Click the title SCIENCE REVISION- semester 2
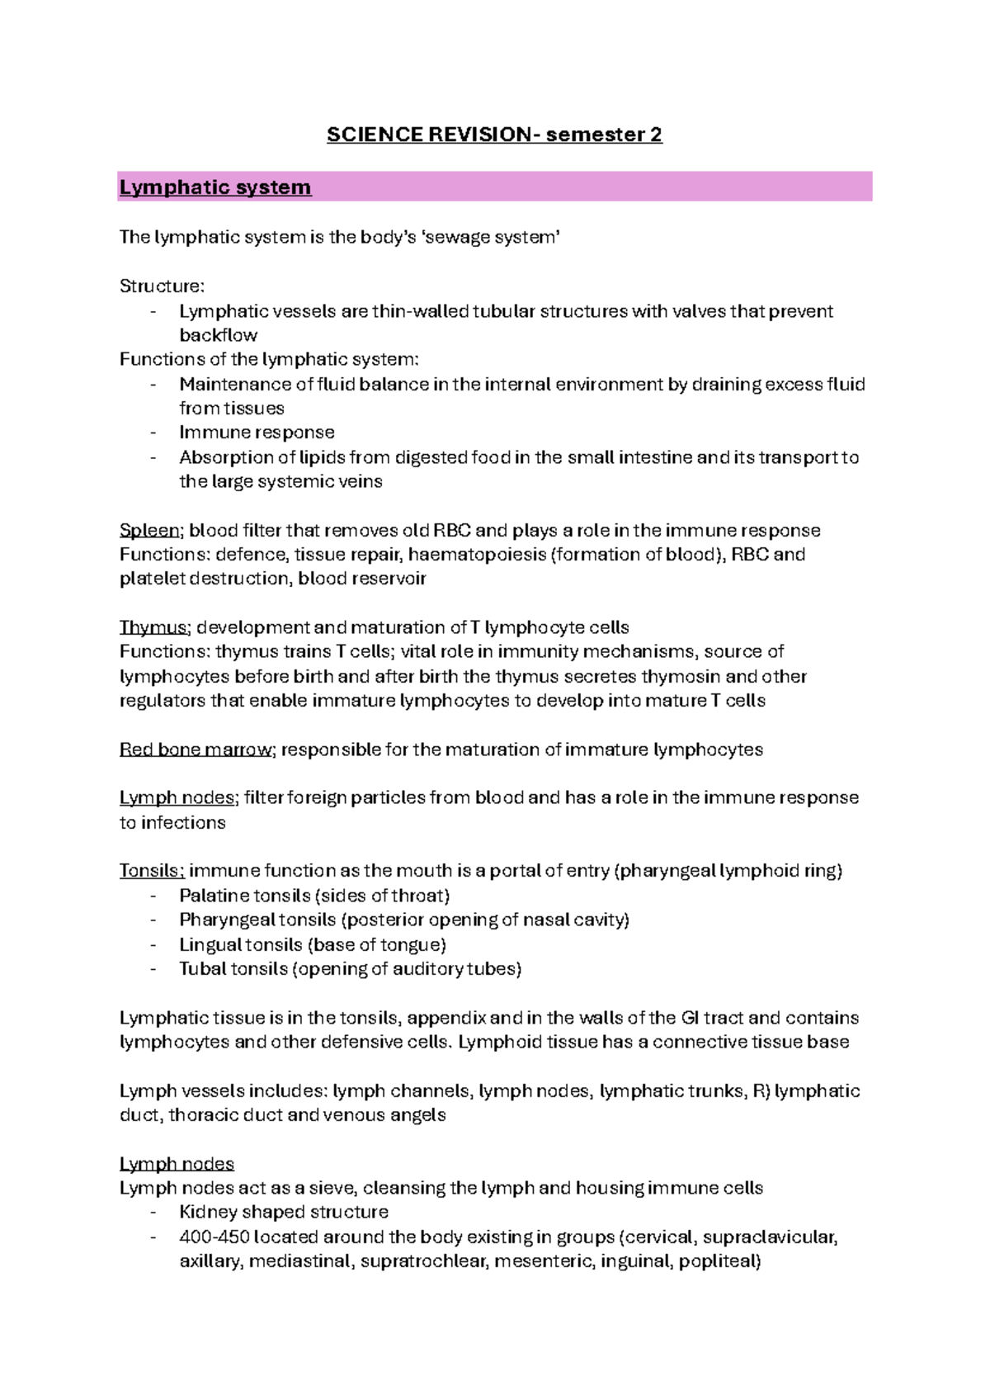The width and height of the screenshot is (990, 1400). (x=494, y=135)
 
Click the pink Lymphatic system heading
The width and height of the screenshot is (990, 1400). (x=215, y=187)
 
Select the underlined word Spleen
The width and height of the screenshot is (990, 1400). (x=149, y=530)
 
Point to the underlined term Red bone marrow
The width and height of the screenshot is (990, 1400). (x=196, y=750)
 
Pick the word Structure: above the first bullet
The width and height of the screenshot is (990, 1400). (x=162, y=286)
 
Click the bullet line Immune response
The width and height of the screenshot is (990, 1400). (x=257, y=433)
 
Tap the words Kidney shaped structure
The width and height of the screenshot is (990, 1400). (x=284, y=1212)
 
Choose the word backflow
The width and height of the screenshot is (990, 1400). (x=219, y=335)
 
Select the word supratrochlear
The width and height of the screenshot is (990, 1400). (x=423, y=1261)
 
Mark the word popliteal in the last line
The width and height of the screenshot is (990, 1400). (x=719, y=1261)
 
